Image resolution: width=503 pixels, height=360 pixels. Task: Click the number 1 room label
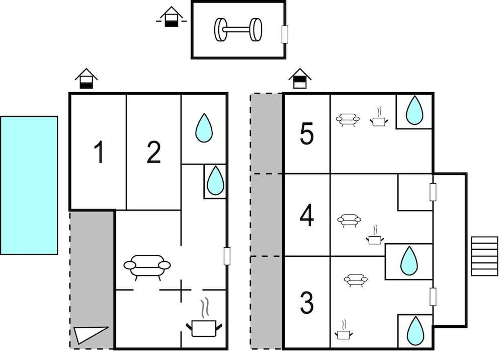point(100,153)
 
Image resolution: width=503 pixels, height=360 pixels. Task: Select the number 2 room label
point(153,153)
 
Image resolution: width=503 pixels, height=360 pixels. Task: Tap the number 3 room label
point(306,302)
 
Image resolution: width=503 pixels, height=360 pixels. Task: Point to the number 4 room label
point(306,217)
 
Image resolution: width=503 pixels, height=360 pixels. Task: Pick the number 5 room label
point(306,134)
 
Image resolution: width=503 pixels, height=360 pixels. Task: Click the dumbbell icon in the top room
point(238,30)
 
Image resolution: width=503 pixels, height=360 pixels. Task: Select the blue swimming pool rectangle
point(29,185)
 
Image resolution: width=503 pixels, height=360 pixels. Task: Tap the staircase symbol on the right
point(484,256)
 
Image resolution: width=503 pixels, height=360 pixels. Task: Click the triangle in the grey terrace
point(91,334)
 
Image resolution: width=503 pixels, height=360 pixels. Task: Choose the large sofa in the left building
point(147,266)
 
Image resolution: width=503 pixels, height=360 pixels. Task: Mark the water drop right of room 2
point(204,128)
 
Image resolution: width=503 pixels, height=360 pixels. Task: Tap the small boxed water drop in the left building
point(215,180)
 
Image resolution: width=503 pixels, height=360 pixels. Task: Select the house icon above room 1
point(87,79)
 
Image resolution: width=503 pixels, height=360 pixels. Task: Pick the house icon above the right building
point(300,79)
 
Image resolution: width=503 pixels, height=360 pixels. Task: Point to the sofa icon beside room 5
point(348,120)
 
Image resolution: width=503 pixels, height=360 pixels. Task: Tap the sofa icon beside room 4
point(349,220)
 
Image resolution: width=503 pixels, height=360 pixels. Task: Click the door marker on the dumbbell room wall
point(285,34)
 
